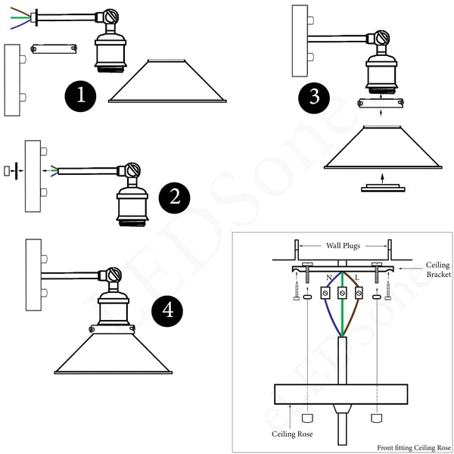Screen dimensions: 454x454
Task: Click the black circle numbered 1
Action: point(80,96)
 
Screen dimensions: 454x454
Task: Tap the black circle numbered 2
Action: point(175,198)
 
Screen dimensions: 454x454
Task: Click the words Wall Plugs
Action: point(342,245)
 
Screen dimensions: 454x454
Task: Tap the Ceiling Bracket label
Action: point(437,270)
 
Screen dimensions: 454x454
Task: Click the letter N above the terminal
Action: point(328,278)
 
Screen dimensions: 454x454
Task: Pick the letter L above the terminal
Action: point(356,278)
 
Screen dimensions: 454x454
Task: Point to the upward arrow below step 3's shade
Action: point(383,178)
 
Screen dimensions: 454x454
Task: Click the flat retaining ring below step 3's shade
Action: point(383,189)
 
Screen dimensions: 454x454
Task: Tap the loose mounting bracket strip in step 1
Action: point(53,48)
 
